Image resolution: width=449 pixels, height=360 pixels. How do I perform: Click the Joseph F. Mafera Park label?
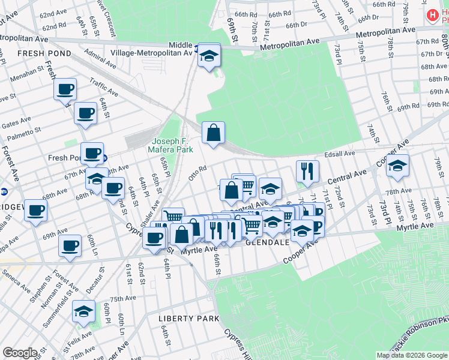click(171, 145)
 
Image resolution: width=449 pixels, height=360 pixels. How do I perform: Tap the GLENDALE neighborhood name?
click(268, 242)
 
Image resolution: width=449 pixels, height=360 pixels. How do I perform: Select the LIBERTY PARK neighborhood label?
click(189, 318)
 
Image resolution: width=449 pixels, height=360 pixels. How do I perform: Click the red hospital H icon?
click(431, 15)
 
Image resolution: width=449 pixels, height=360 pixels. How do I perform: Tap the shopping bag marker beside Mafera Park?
click(213, 133)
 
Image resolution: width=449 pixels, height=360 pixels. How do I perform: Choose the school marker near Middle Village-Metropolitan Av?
click(209, 56)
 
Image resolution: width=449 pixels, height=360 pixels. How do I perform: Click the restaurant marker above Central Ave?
click(307, 172)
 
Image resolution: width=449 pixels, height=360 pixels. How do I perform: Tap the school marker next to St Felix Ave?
click(83, 311)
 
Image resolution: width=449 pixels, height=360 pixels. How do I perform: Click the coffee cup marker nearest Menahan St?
click(65, 90)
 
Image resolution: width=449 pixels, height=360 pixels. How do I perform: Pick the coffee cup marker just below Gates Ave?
click(85, 113)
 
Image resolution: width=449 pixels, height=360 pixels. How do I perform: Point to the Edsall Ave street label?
click(340, 154)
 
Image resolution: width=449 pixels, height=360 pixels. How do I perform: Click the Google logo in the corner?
click(19, 352)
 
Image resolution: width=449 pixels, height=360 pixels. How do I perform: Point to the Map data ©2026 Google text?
click(411, 355)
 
